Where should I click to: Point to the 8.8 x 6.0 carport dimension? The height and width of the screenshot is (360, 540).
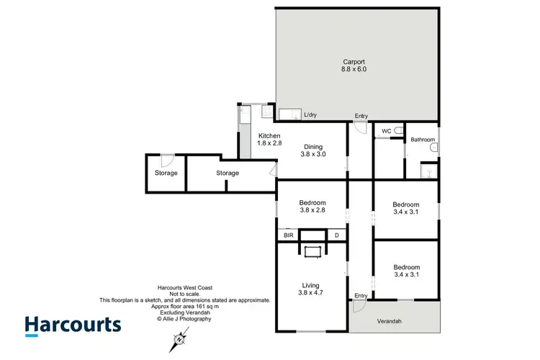tap(354, 70)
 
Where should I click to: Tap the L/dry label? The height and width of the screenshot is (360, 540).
tap(310, 115)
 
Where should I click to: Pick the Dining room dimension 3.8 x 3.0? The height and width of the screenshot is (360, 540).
tap(313, 154)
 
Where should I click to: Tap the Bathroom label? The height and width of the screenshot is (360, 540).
tap(423, 140)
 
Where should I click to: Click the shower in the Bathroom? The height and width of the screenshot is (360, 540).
tap(429, 171)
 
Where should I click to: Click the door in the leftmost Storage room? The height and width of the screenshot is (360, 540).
tap(166, 161)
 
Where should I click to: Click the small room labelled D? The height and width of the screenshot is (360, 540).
tap(336, 235)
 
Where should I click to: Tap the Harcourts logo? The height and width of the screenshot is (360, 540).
tap(73, 325)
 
